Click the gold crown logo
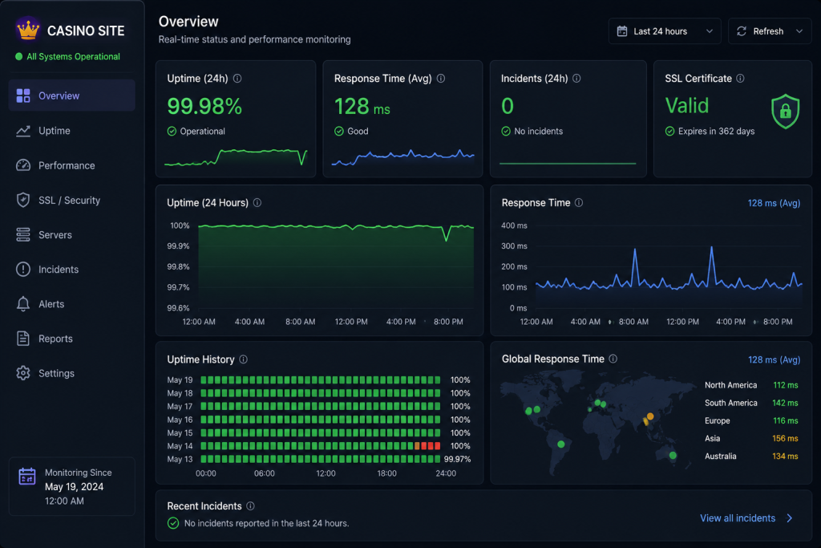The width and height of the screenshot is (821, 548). (x=28, y=30)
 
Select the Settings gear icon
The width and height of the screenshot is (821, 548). (x=23, y=373)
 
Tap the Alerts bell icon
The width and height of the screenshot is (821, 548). (x=23, y=304)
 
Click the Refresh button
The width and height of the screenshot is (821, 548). (x=769, y=31)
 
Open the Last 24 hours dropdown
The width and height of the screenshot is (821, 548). (x=665, y=31)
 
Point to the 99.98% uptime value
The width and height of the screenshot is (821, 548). (x=204, y=107)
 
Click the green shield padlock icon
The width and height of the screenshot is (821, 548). (x=786, y=111)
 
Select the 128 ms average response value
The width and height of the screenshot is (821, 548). (x=362, y=107)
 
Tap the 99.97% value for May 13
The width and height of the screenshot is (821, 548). (x=457, y=460)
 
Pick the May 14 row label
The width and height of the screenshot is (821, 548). (x=180, y=446)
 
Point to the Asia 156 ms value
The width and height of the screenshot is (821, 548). (x=785, y=439)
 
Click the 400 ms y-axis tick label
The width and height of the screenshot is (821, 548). (x=514, y=225)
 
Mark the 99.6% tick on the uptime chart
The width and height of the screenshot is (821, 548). (x=178, y=308)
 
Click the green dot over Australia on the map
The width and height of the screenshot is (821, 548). (x=673, y=455)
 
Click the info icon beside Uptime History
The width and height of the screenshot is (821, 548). (x=244, y=359)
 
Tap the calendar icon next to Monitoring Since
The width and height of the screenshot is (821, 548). (x=27, y=477)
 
